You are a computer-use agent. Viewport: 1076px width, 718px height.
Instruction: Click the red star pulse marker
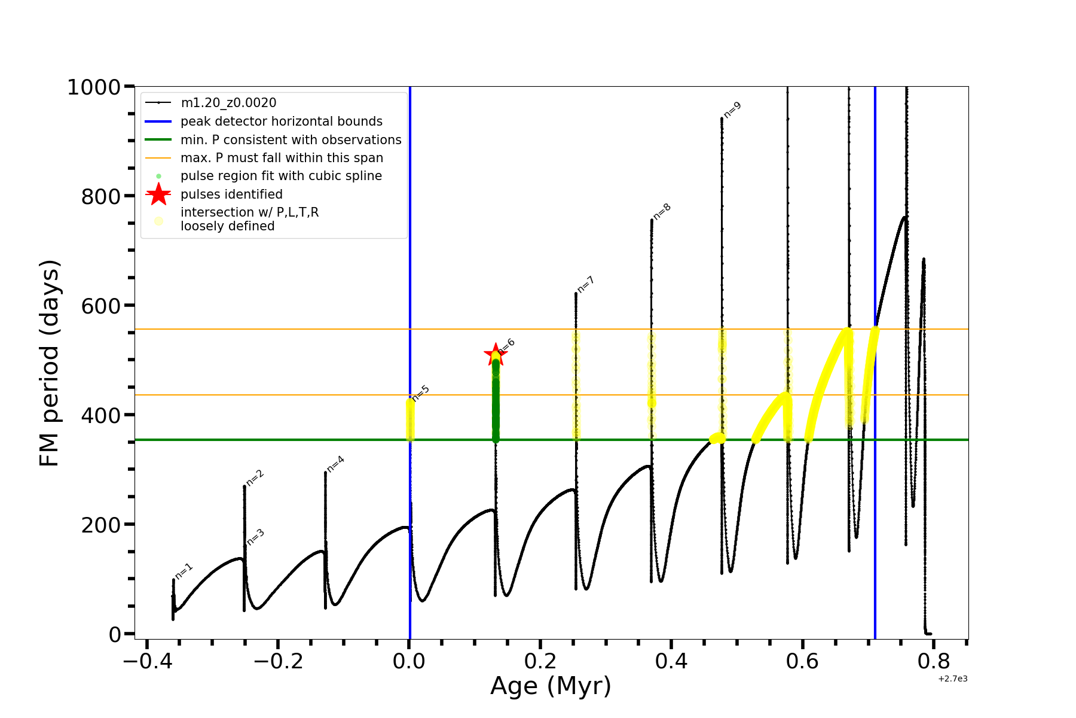point(495,354)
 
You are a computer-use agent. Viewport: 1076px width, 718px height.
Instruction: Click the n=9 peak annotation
point(732,109)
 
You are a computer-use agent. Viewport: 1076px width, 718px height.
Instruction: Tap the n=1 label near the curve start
point(184,571)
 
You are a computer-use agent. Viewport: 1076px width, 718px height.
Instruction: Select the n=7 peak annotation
point(585,284)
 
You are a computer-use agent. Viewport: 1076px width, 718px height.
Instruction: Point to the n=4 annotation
point(335,464)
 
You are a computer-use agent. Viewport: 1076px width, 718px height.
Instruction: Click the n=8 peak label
point(662,211)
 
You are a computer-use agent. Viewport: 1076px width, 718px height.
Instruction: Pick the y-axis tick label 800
point(100,196)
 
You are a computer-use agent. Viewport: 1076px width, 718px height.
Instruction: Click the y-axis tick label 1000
point(94,87)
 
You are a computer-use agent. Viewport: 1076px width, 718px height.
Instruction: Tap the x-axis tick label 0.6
point(802,661)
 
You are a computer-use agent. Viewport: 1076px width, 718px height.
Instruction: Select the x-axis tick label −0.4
point(147,661)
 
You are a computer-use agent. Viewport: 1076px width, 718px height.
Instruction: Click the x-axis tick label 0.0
point(409,661)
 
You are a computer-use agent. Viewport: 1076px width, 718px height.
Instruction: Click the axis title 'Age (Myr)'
point(551,686)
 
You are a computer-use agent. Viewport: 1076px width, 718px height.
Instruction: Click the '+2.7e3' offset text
point(952,679)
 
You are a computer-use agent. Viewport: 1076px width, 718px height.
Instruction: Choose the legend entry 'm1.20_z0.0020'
point(228,103)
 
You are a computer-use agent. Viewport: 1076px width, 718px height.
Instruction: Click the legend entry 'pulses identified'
point(231,194)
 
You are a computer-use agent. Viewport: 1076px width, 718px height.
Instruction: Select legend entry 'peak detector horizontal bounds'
point(281,121)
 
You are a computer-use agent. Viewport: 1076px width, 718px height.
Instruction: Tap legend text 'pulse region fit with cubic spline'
point(281,176)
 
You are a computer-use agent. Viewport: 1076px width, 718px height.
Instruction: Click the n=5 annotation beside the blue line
point(421,393)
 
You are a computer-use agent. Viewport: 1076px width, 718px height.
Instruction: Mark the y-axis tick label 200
point(100,525)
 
